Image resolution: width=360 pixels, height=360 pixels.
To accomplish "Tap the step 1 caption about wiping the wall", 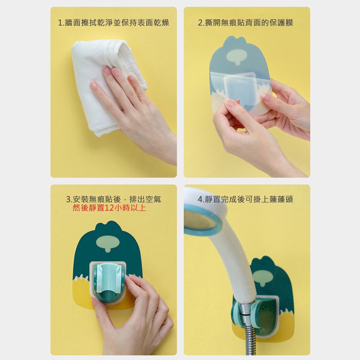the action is (114, 23).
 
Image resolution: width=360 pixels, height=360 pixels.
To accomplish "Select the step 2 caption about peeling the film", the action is (245, 23).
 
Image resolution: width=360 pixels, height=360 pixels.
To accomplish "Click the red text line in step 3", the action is (109, 208).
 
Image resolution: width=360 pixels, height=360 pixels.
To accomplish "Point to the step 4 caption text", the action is (245, 199).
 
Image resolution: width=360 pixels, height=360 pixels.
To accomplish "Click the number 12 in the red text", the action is (109, 208).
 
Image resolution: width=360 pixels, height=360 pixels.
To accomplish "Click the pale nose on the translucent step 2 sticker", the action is (237, 57).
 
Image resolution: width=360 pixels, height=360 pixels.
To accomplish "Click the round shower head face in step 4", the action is (200, 220).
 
